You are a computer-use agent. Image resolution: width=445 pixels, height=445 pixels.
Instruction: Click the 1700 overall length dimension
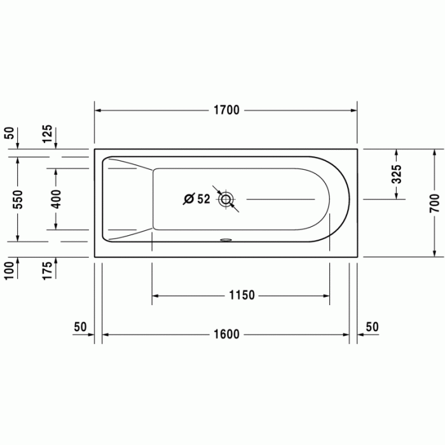coord(226,110)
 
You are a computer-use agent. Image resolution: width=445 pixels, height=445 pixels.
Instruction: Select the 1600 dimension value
coord(226,334)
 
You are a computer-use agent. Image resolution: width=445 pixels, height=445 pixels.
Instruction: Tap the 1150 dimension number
coord(242,295)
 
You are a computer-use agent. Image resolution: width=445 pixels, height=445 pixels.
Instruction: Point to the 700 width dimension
coord(434,203)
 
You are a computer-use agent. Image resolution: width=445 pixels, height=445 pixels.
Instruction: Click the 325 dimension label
coord(397,174)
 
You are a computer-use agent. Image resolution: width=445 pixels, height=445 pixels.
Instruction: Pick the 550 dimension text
coord(17,200)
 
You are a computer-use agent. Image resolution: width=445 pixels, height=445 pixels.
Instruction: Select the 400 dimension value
coord(55,200)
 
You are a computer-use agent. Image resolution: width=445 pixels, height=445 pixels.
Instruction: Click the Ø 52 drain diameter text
coord(196,199)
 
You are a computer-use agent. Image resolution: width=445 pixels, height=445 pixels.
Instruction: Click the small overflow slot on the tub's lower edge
coord(226,240)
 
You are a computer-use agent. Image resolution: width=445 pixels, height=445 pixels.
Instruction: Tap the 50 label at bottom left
coord(79,327)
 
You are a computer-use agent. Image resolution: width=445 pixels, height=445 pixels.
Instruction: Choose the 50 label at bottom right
coord(372,327)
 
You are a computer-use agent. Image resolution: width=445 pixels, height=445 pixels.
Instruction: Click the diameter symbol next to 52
coord(189,199)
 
